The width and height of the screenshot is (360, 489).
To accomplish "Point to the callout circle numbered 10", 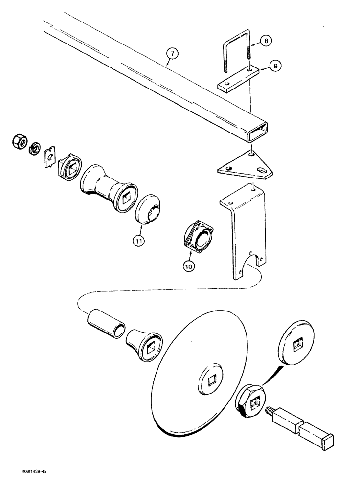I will click(x=189, y=266).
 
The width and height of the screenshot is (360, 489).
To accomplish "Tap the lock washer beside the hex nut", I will click(x=34, y=148).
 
